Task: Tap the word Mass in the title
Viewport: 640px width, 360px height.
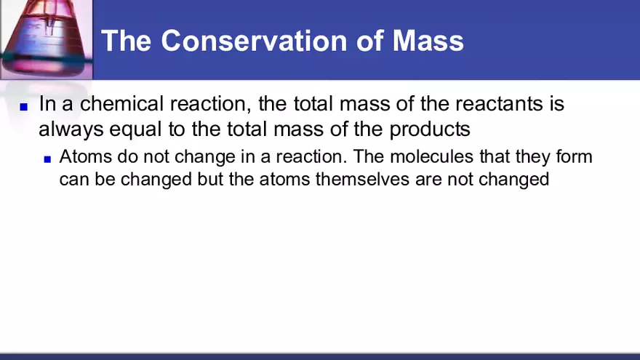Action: pyautogui.click(x=428, y=41)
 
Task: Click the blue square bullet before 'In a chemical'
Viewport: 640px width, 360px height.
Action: pyautogui.click(x=23, y=106)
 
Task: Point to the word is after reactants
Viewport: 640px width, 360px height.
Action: pyautogui.click(x=556, y=104)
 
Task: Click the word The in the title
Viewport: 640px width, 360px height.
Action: pyautogui.click(x=126, y=41)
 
